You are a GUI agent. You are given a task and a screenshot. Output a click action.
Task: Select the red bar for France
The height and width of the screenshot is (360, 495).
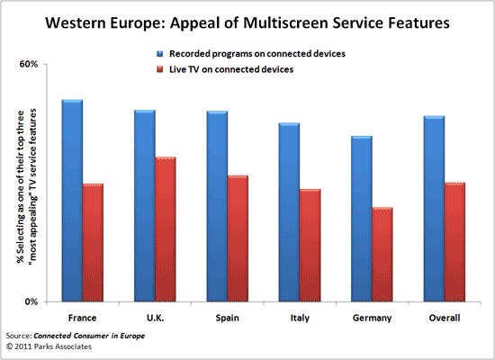pos(94,242)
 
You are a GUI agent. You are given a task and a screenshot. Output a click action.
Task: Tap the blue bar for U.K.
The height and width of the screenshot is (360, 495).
pos(146,206)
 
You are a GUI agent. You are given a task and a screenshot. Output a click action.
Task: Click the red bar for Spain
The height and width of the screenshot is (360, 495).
pos(238,238)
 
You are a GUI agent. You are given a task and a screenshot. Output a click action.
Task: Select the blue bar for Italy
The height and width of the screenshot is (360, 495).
pos(290,212)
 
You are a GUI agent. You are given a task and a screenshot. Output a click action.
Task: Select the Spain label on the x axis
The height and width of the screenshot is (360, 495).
pos(228,318)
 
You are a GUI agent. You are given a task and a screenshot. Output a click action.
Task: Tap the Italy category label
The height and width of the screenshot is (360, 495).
pos(300,318)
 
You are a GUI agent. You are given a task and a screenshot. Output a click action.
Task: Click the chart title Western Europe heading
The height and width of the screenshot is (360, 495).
pos(246,22)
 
